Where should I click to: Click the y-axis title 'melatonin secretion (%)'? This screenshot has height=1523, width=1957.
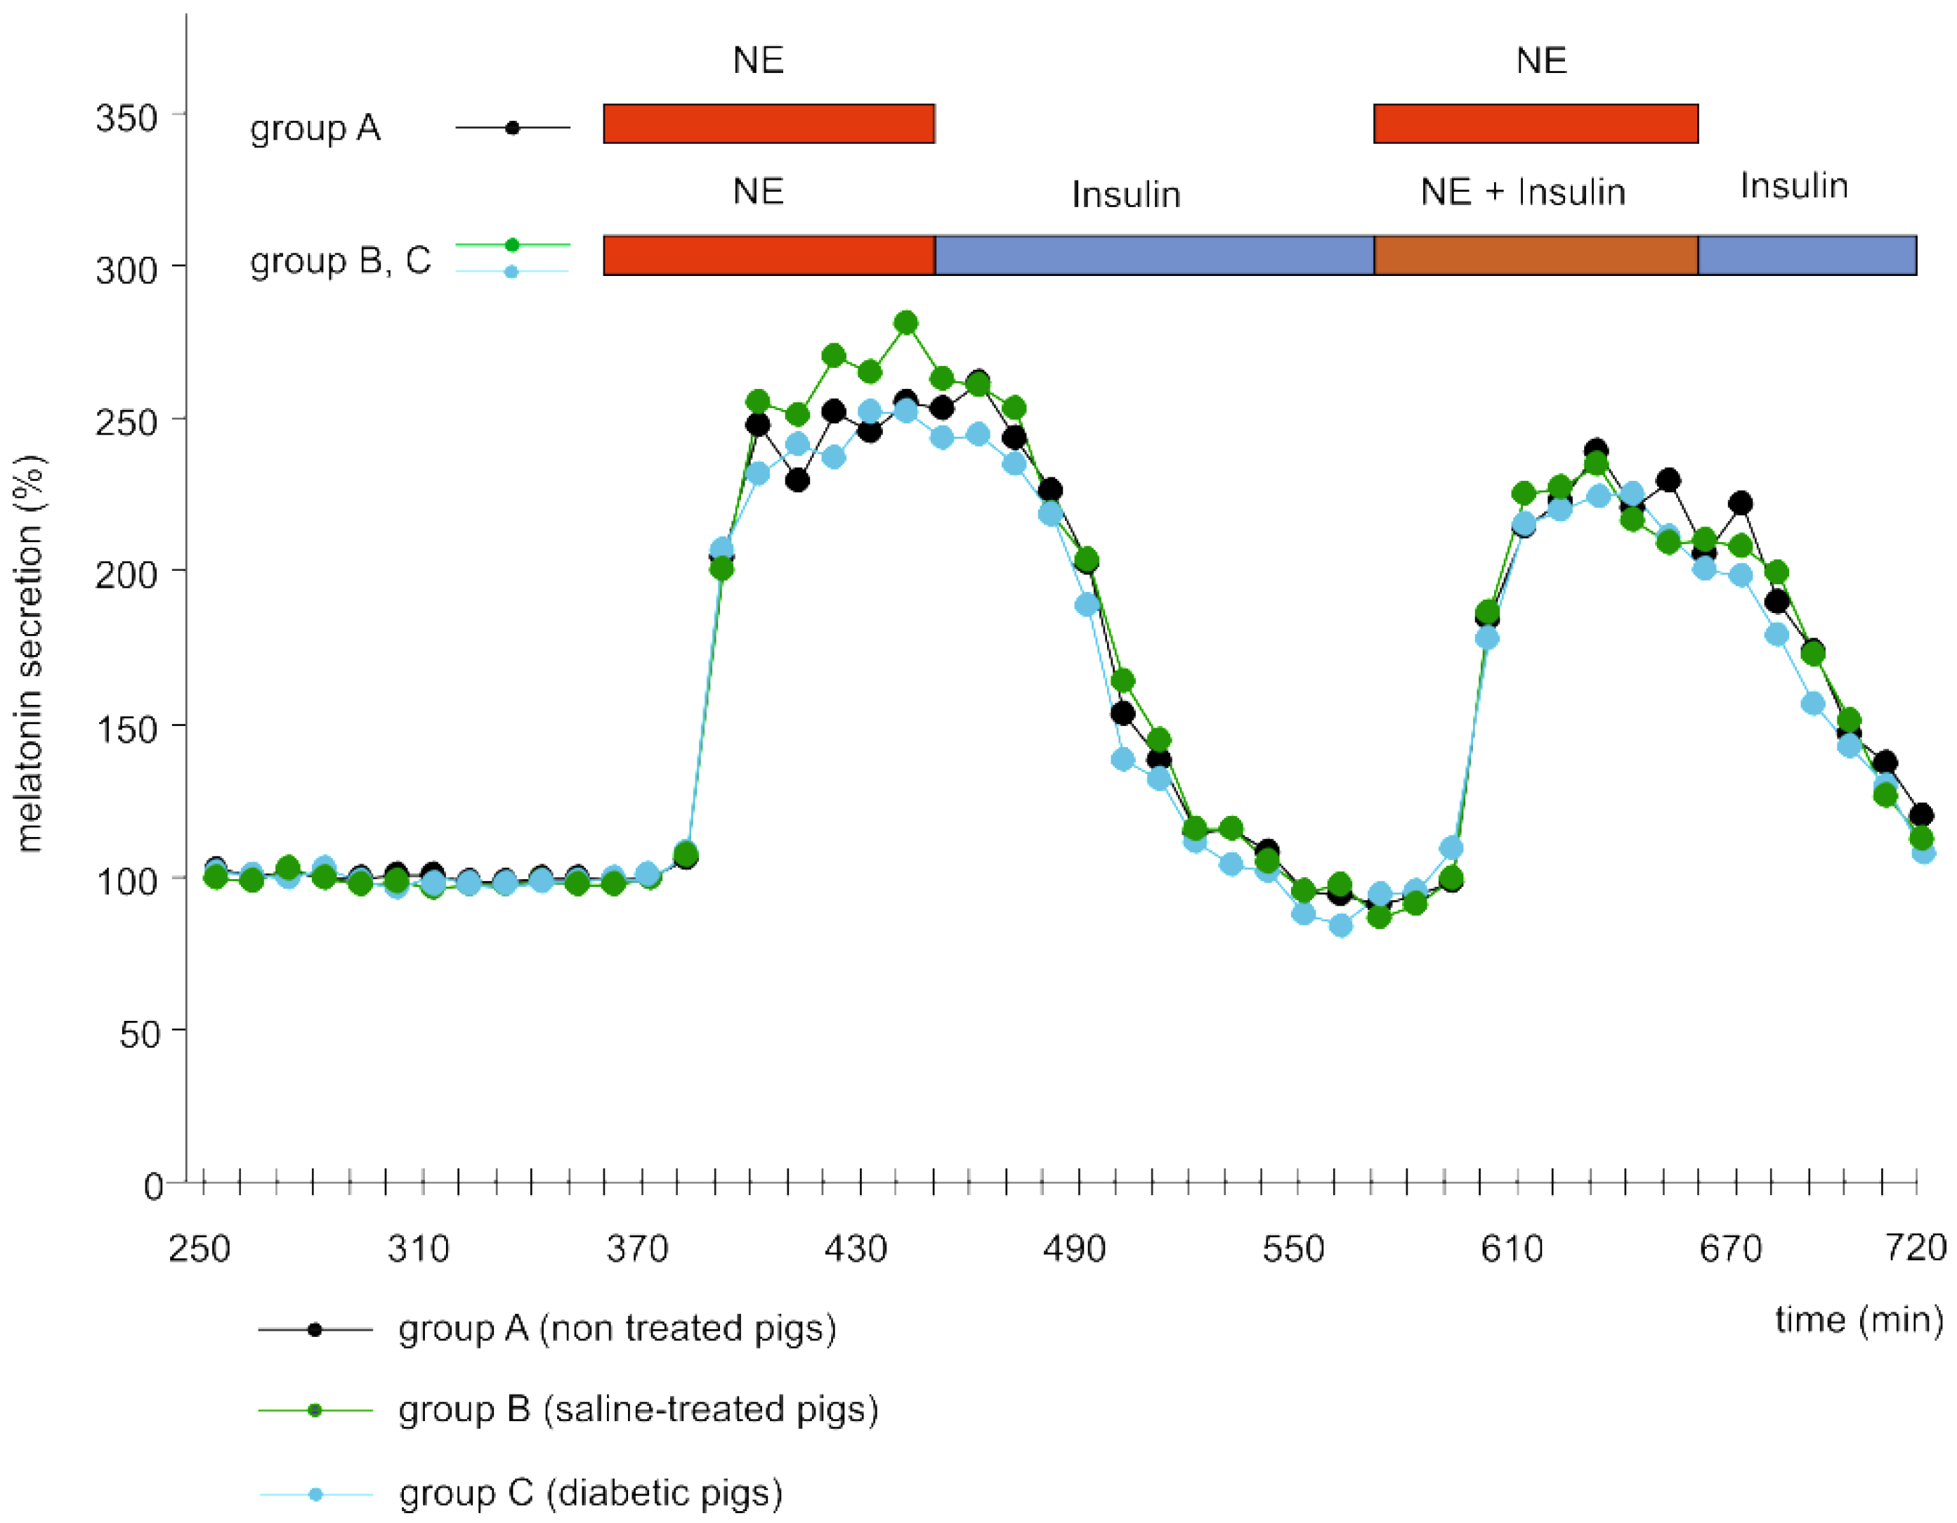[x=30, y=653]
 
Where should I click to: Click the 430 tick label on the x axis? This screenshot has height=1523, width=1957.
[x=856, y=1248]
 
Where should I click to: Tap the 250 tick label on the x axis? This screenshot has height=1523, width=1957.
[x=199, y=1248]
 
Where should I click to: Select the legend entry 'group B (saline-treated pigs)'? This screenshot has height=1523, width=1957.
[x=638, y=1409]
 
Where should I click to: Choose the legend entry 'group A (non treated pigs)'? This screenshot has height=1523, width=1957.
[x=617, y=1328]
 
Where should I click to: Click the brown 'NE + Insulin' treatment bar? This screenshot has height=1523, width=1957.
[x=1536, y=256]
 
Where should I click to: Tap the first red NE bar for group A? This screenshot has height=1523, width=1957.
[x=768, y=124]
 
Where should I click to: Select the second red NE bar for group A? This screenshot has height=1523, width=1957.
[x=1536, y=124]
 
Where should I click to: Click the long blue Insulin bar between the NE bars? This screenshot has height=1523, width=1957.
[x=1155, y=256]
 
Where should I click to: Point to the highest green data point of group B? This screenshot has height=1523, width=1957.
[x=906, y=322]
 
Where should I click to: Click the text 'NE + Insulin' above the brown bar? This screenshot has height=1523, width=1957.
[x=1524, y=192]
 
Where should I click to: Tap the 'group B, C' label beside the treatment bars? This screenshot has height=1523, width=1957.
[x=341, y=261]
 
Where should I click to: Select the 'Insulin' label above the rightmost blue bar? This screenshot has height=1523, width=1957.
[x=1794, y=185]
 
